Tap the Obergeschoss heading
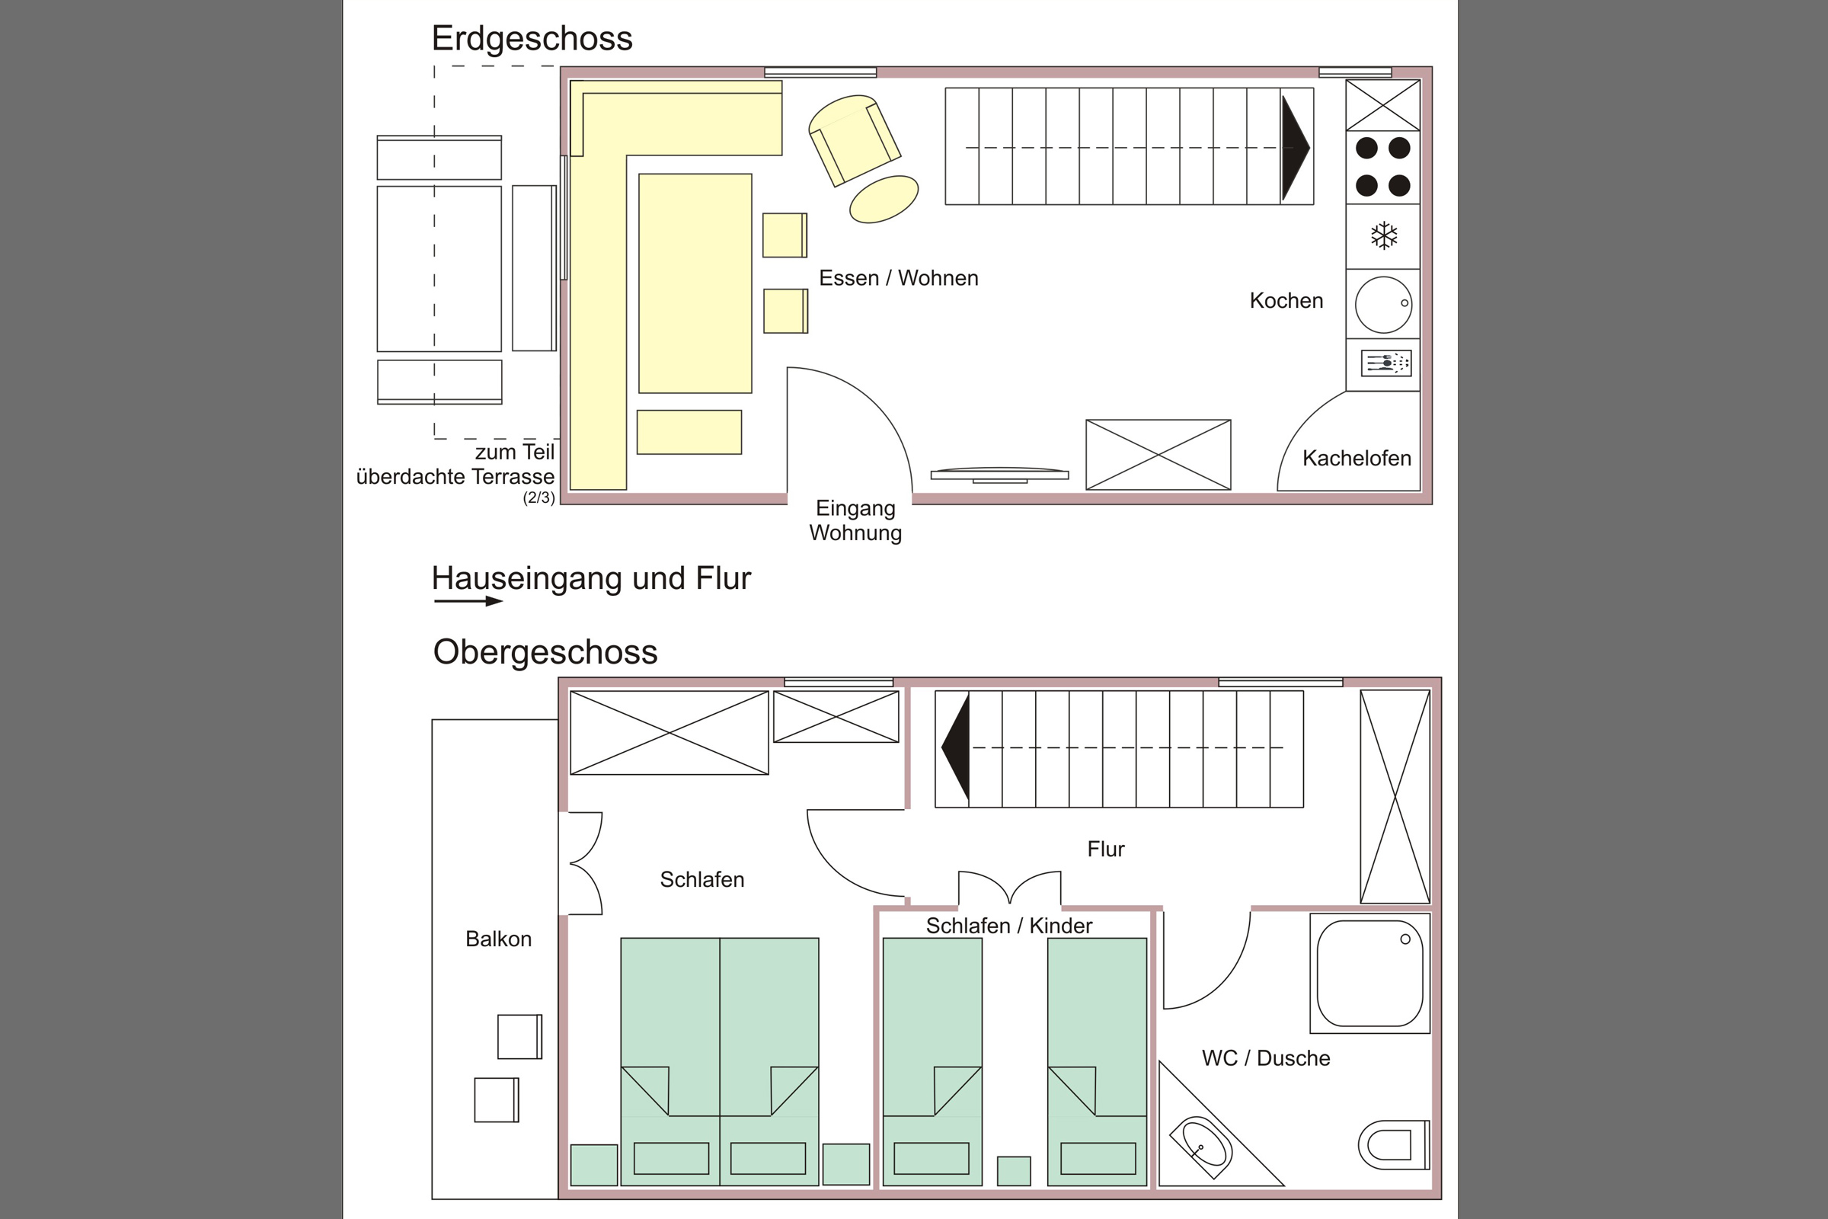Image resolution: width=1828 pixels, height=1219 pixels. coord(545,652)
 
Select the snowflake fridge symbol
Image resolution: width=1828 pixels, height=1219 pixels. coord(1384,235)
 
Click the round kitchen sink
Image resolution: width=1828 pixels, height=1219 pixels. coord(1383,304)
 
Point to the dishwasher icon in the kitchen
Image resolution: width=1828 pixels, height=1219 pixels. coord(1385,363)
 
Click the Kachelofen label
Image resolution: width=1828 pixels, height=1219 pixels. coord(1357,458)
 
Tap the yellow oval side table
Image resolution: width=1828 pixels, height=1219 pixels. coord(884,199)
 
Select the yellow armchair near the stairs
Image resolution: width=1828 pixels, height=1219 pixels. coord(854,140)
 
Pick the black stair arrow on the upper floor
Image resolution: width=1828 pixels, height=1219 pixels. coord(955,747)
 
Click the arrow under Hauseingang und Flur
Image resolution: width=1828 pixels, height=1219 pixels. coord(468,600)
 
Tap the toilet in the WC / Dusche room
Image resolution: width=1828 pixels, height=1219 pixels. coord(1394,1144)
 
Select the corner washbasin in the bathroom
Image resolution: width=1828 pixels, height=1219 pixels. coord(1201,1147)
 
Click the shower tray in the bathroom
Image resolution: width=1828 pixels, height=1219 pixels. coord(1369,974)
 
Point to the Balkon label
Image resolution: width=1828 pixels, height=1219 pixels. coord(498,939)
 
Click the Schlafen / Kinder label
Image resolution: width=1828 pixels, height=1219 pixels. coord(1008,926)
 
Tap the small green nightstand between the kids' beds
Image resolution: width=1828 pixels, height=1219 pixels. coord(1014,1171)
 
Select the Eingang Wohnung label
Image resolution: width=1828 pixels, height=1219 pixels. coord(855,520)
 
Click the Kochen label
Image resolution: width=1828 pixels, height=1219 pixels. coord(1286,301)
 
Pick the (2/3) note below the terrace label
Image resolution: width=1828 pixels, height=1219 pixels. coord(538,498)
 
